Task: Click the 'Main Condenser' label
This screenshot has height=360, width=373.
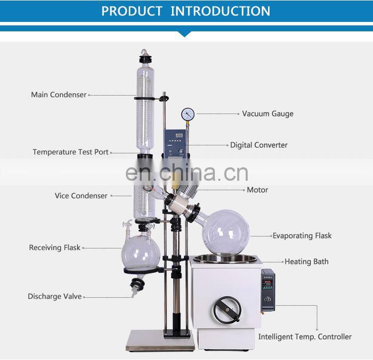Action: pos(59,95)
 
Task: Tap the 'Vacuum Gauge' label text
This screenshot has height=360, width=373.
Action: pos(268,114)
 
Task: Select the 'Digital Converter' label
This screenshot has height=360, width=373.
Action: pos(259,145)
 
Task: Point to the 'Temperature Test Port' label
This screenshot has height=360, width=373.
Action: pos(71,152)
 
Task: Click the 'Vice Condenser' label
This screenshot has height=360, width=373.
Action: pos(81,196)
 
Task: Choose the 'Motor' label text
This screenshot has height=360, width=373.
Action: pos(257,190)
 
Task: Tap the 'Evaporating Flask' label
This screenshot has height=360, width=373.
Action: pos(302,236)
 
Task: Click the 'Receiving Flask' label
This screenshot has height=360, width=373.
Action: pos(55,247)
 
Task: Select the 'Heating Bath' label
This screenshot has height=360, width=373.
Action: pos(306,261)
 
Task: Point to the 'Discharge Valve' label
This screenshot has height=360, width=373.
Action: pos(55,296)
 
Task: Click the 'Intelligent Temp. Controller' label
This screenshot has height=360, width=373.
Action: pos(305,337)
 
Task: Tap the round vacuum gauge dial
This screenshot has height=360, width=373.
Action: pos(188,114)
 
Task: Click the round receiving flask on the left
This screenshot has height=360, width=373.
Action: pos(141,251)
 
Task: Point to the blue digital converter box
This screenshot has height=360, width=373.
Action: pos(177,142)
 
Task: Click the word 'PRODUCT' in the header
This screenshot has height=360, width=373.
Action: pos(132,11)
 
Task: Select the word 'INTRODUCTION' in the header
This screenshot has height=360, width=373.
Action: pos(220,11)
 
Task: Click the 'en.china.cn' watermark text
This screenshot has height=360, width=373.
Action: pos(186,173)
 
